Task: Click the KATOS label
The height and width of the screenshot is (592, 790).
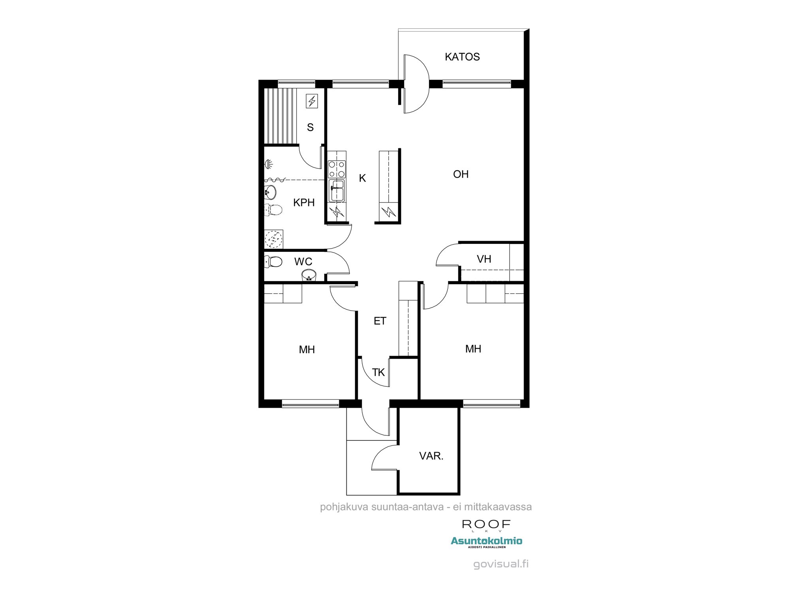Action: [462, 57]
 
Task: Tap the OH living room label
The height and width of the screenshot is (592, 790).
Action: [461, 174]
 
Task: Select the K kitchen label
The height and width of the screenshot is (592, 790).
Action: [362, 178]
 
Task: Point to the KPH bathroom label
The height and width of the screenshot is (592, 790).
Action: [304, 202]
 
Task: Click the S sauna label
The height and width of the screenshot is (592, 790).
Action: [310, 127]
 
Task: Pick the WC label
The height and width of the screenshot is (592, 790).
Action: [303, 262]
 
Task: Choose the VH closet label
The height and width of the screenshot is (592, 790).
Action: [484, 259]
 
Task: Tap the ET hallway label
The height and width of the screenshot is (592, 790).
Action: [380, 321]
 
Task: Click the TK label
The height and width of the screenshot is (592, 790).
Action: [378, 372]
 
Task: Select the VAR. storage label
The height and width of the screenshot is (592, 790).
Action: [431, 456]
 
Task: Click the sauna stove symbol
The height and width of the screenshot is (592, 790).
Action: [312, 101]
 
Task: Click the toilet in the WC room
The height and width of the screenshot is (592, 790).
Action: [273, 261]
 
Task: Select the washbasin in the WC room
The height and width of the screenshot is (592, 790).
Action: [309, 274]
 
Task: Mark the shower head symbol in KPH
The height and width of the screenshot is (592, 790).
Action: [269, 163]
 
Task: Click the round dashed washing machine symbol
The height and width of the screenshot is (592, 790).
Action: [273, 239]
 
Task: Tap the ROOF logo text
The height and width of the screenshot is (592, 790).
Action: [486, 525]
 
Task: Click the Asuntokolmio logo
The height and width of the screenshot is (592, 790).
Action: [486, 541]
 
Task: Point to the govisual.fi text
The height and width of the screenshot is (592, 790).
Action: [500, 564]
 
